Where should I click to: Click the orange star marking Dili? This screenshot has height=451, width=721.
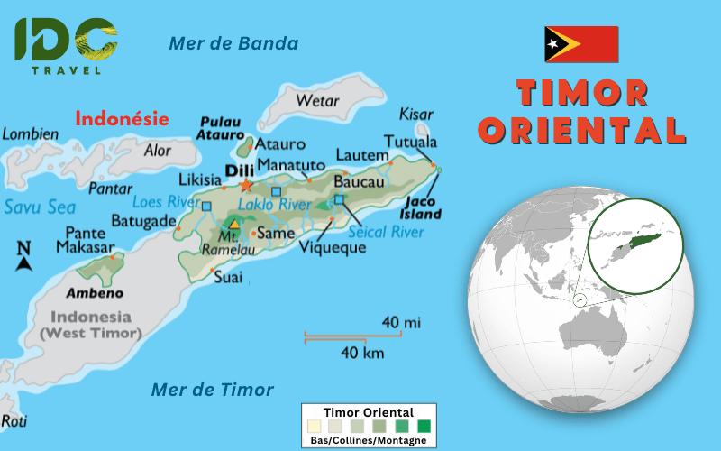coord(246,185)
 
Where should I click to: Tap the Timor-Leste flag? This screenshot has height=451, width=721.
coord(581,44)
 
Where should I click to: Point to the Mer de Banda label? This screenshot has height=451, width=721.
coord(233,42)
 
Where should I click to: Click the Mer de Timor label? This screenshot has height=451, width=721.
coord(212,390)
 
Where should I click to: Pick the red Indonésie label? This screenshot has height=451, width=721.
coord(122,117)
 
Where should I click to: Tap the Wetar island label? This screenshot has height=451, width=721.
coord(317,100)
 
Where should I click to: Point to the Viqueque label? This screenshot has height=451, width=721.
coord(333,247)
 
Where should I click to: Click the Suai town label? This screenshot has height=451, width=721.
coord(228,278)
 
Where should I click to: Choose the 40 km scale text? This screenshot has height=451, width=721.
coord(361,353)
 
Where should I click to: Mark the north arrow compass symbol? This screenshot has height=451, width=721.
coord(24,257)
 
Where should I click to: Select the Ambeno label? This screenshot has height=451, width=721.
coord(94,293)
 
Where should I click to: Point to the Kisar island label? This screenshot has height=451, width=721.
coord(415,115)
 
